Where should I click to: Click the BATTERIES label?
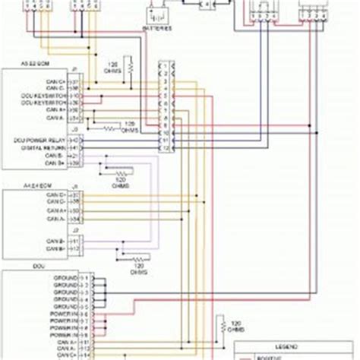(x=157, y=27)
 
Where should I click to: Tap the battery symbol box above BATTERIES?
(x=157, y=14)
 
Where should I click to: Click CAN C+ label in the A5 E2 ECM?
(x=57, y=81)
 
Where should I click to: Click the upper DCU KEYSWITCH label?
(x=49, y=97)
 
